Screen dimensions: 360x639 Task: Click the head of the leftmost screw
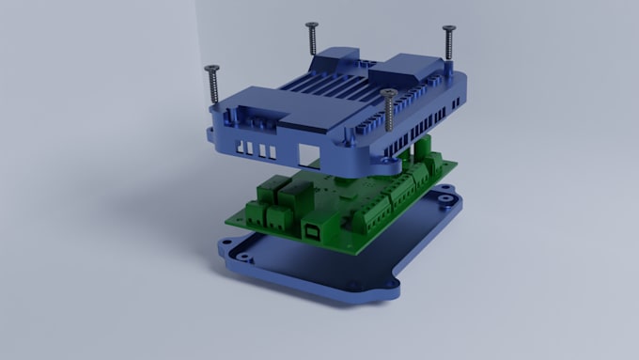click(x=211, y=69)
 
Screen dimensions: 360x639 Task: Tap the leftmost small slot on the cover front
click(x=242, y=148)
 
